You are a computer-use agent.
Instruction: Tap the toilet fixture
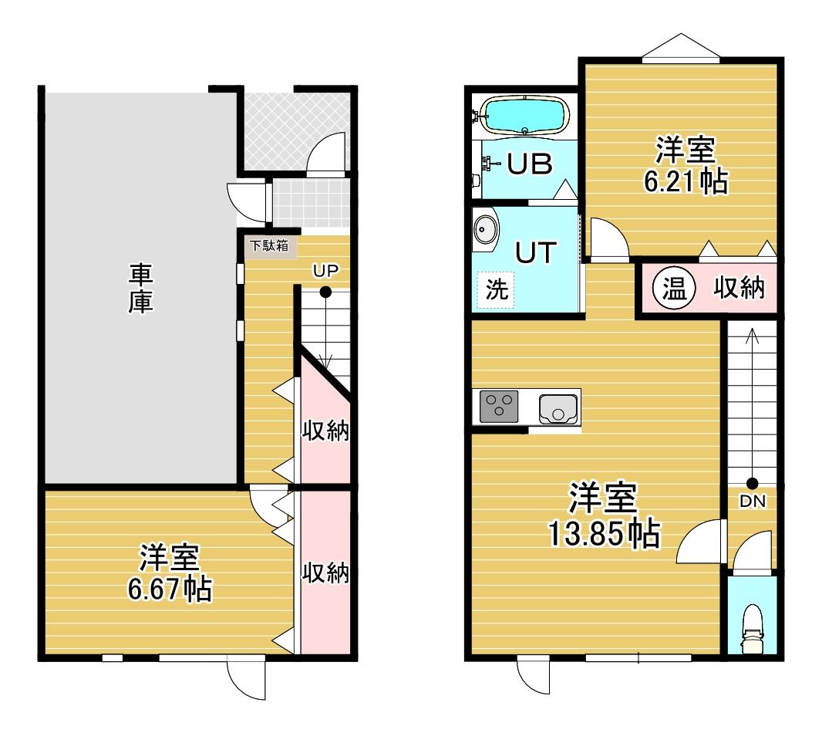[x=752, y=629]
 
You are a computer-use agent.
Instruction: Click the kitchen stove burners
[x=499, y=406]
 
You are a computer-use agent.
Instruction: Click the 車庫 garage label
[x=141, y=289]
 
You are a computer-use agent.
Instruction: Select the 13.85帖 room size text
[x=604, y=533]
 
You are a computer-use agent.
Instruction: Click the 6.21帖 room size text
[x=686, y=181]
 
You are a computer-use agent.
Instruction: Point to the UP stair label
[x=325, y=271]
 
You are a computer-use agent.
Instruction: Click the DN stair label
[x=753, y=501]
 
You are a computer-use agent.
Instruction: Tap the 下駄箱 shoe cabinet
[x=269, y=246]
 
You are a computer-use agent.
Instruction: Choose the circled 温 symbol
[x=674, y=288]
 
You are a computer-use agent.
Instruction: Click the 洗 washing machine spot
[x=497, y=289]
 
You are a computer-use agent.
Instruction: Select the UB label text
[x=530, y=164]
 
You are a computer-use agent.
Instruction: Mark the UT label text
[x=536, y=252]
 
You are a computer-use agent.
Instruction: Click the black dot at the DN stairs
[x=753, y=483]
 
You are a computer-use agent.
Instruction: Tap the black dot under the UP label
[x=325, y=292]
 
